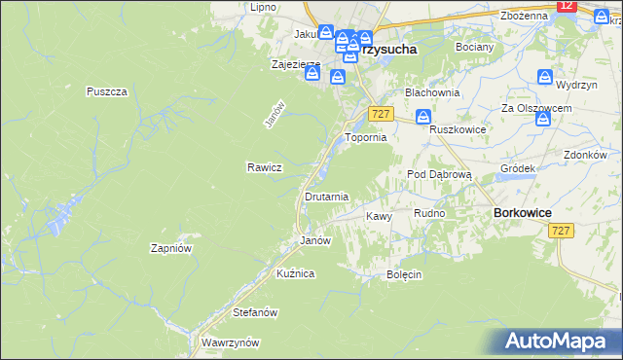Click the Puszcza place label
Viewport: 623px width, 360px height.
[107, 90]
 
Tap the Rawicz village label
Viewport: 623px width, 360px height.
[264, 167]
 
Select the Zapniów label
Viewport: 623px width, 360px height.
[170, 248]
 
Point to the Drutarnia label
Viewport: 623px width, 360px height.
[326, 197]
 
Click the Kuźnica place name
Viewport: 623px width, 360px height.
[295, 274]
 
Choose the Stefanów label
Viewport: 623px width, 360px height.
[256, 313]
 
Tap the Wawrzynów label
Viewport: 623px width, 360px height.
[230, 343]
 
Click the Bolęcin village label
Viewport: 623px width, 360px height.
[404, 274]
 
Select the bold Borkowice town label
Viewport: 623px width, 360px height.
[524, 213]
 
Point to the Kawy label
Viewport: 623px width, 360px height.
[379, 216]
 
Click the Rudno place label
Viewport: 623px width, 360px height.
[429, 213]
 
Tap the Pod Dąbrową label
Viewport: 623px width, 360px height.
[439, 174]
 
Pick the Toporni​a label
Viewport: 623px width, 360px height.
[367, 138]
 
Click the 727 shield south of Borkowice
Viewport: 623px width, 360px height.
[560, 231]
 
